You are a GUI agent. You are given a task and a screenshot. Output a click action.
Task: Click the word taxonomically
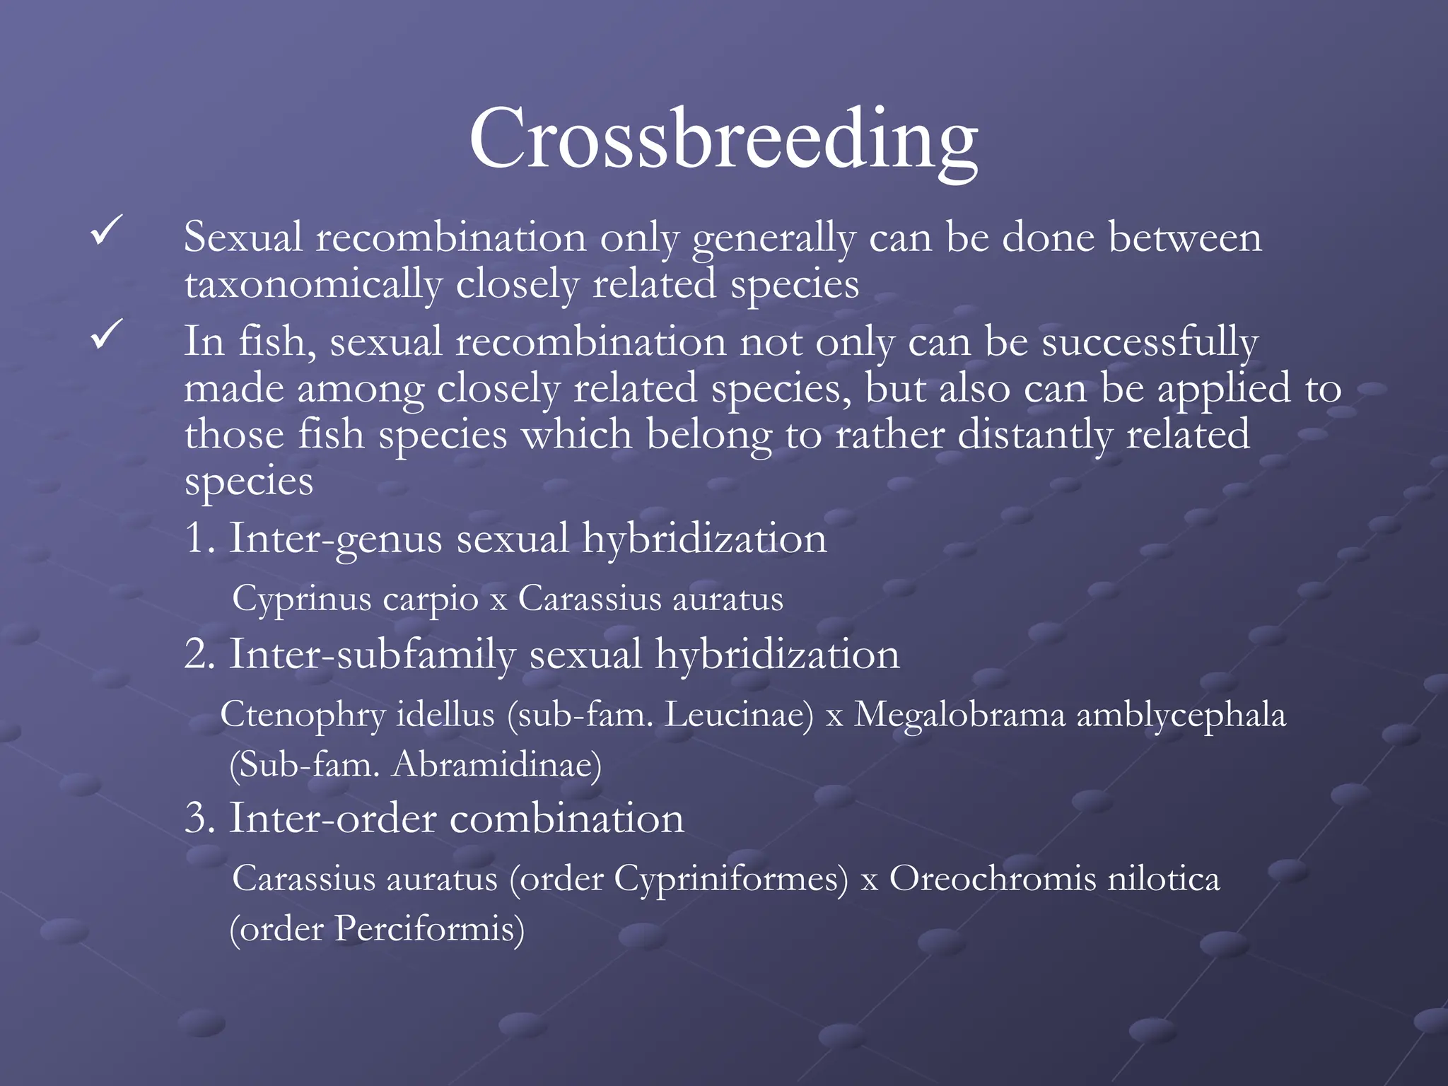coord(313,285)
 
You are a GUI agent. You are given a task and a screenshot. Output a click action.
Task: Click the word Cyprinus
coord(301,600)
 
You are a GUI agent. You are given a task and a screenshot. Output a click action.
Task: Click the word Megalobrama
coord(959,715)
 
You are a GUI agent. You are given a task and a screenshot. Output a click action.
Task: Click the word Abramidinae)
coord(496,764)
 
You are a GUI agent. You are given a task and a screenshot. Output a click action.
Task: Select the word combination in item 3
coord(567,819)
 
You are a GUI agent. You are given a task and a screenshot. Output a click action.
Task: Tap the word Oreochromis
coord(992,879)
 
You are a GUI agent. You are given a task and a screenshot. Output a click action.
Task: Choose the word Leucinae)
coord(739,715)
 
